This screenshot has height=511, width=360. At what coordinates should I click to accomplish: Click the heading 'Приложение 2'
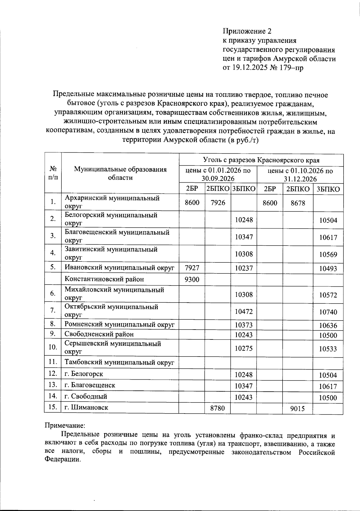pos(247,31)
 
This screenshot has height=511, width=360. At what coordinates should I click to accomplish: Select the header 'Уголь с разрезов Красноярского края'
pos(261,160)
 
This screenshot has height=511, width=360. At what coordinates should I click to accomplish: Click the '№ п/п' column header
pos(53,173)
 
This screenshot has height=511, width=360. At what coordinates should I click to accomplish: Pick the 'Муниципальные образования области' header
pos(120,173)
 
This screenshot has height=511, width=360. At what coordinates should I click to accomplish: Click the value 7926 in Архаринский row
pos(218,202)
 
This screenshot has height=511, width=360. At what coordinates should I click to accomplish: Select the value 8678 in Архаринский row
pos(298,203)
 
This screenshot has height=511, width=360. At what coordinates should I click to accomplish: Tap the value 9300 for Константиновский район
pos(192,279)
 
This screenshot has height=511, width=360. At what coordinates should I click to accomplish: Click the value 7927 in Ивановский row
pos(192,268)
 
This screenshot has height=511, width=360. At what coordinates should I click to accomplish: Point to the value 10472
pos(244,312)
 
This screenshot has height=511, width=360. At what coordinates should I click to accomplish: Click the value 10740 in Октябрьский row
pos(328,312)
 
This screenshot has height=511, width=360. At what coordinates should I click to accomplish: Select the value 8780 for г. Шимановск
pos(217,408)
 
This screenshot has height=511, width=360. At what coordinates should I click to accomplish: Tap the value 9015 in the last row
pos(298,408)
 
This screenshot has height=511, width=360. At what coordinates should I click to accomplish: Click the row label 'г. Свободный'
pos(86,396)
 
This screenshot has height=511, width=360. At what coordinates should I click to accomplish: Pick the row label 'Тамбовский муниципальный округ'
pos(119,362)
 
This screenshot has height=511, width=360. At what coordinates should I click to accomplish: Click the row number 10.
pos(53,347)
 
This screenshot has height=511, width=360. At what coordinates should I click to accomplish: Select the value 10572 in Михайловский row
pos(328,295)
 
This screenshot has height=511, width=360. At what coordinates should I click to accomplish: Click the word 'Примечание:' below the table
pos(65,425)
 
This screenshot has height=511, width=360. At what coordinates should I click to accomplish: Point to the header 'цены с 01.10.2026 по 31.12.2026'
pos(300,175)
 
